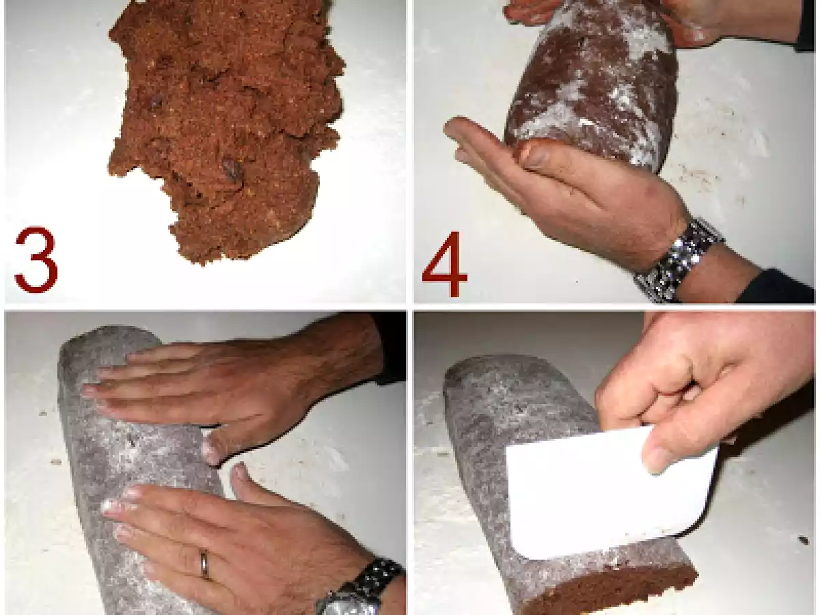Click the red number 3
click(x=36, y=259)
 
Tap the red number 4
click(x=445, y=264)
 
